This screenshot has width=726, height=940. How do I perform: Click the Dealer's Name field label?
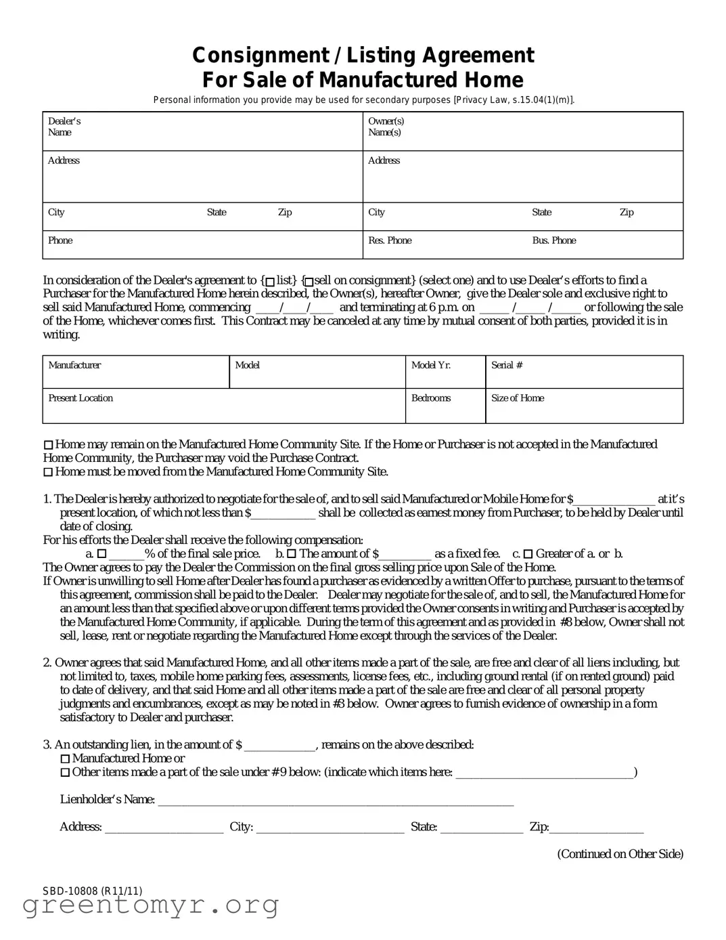click(x=64, y=127)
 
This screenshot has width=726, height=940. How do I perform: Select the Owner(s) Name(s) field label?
click(x=386, y=127)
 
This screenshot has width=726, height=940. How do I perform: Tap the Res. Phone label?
click(x=390, y=240)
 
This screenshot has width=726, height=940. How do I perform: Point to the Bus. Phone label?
click(x=553, y=240)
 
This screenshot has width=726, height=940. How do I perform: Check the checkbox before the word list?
click(x=270, y=281)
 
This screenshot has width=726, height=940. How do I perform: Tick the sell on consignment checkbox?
click(x=309, y=281)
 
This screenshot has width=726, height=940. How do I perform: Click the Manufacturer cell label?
click(x=74, y=365)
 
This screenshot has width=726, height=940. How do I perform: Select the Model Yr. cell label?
click(x=431, y=365)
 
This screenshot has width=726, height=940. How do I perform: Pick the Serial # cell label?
click(x=507, y=365)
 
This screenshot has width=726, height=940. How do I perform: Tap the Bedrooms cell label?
click(x=431, y=398)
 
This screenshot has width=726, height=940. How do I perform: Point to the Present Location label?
click(x=81, y=398)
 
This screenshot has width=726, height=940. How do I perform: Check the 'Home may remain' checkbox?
click(x=48, y=445)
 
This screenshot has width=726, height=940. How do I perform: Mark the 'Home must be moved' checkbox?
click(x=48, y=472)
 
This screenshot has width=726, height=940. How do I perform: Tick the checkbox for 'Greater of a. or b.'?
click(x=528, y=554)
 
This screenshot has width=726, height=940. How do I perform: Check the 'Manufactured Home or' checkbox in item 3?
click(x=65, y=759)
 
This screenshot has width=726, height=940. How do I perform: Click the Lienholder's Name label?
click(x=107, y=800)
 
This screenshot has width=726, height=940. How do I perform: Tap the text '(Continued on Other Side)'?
click(x=620, y=854)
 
